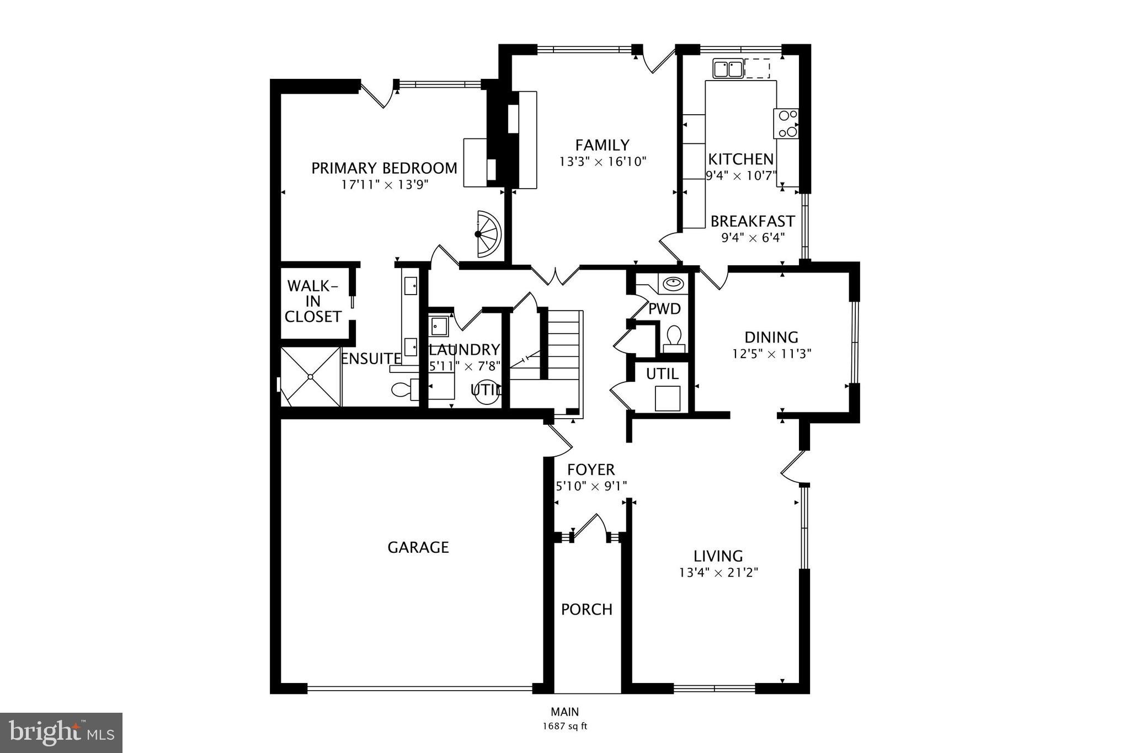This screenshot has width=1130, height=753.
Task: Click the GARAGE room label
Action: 418,547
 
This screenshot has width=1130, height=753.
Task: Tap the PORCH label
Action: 587,610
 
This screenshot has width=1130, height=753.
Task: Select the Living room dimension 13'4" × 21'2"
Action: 718,573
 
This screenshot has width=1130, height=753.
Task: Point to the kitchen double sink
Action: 728,69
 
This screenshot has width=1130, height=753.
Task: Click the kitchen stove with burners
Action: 786,124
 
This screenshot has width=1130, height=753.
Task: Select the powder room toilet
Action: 674,338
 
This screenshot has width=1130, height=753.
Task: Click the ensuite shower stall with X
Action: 311,377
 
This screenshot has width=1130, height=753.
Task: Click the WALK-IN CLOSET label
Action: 313,301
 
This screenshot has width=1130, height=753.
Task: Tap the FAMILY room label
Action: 602,145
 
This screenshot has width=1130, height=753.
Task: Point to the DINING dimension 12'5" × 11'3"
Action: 771,354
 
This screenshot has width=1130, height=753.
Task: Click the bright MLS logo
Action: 61,733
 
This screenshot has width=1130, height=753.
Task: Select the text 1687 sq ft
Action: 564,727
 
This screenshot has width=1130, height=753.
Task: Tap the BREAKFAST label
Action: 752,221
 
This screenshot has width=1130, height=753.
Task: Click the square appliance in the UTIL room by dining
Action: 667,398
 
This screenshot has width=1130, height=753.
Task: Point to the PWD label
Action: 664,309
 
